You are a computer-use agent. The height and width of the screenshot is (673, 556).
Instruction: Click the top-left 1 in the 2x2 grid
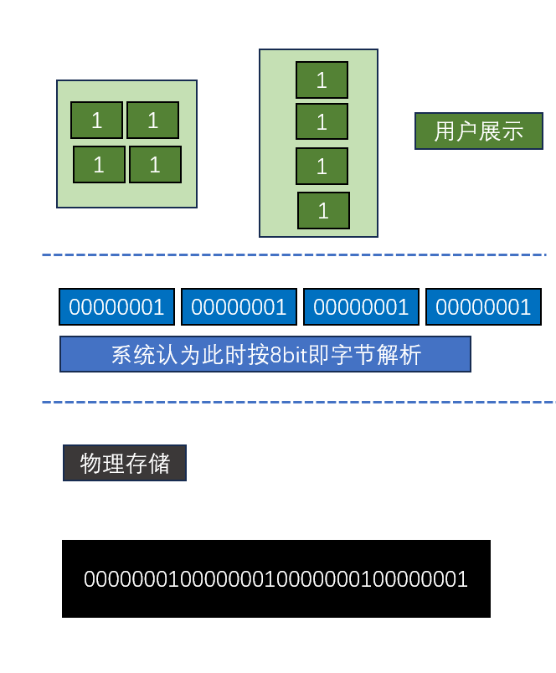[x=96, y=121]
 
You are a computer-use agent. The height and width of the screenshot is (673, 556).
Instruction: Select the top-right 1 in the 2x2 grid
[x=152, y=121]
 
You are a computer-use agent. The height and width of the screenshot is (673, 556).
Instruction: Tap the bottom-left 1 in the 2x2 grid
[x=99, y=165]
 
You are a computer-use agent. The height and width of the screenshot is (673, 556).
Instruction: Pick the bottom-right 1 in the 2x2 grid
[x=155, y=165]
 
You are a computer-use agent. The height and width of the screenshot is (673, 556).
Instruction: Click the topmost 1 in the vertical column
[x=322, y=80]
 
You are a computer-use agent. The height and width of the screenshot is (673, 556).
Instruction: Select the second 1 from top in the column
[x=322, y=122]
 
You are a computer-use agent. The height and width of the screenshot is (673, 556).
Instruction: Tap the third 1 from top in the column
[x=322, y=167]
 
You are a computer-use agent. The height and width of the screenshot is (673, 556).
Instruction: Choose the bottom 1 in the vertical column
[x=323, y=211]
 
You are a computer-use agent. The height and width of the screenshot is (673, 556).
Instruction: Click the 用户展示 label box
[x=478, y=131]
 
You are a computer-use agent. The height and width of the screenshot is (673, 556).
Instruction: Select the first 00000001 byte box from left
[x=116, y=307]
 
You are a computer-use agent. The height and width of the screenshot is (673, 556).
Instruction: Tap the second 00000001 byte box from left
[x=239, y=307]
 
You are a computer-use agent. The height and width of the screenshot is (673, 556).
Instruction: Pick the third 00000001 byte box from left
[x=361, y=307]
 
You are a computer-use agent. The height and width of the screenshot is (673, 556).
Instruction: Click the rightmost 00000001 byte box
[x=483, y=307]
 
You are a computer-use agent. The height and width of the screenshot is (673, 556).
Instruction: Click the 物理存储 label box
[x=125, y=463]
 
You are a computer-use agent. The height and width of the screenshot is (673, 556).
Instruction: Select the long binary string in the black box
[x=275, y=579]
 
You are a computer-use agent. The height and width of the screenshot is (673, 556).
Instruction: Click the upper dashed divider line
[x=293, y=254]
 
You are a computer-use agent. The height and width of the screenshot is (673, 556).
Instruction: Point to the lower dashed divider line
[x=293, y=403]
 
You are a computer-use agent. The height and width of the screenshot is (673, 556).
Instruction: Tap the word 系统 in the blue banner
[x=132, y=355]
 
